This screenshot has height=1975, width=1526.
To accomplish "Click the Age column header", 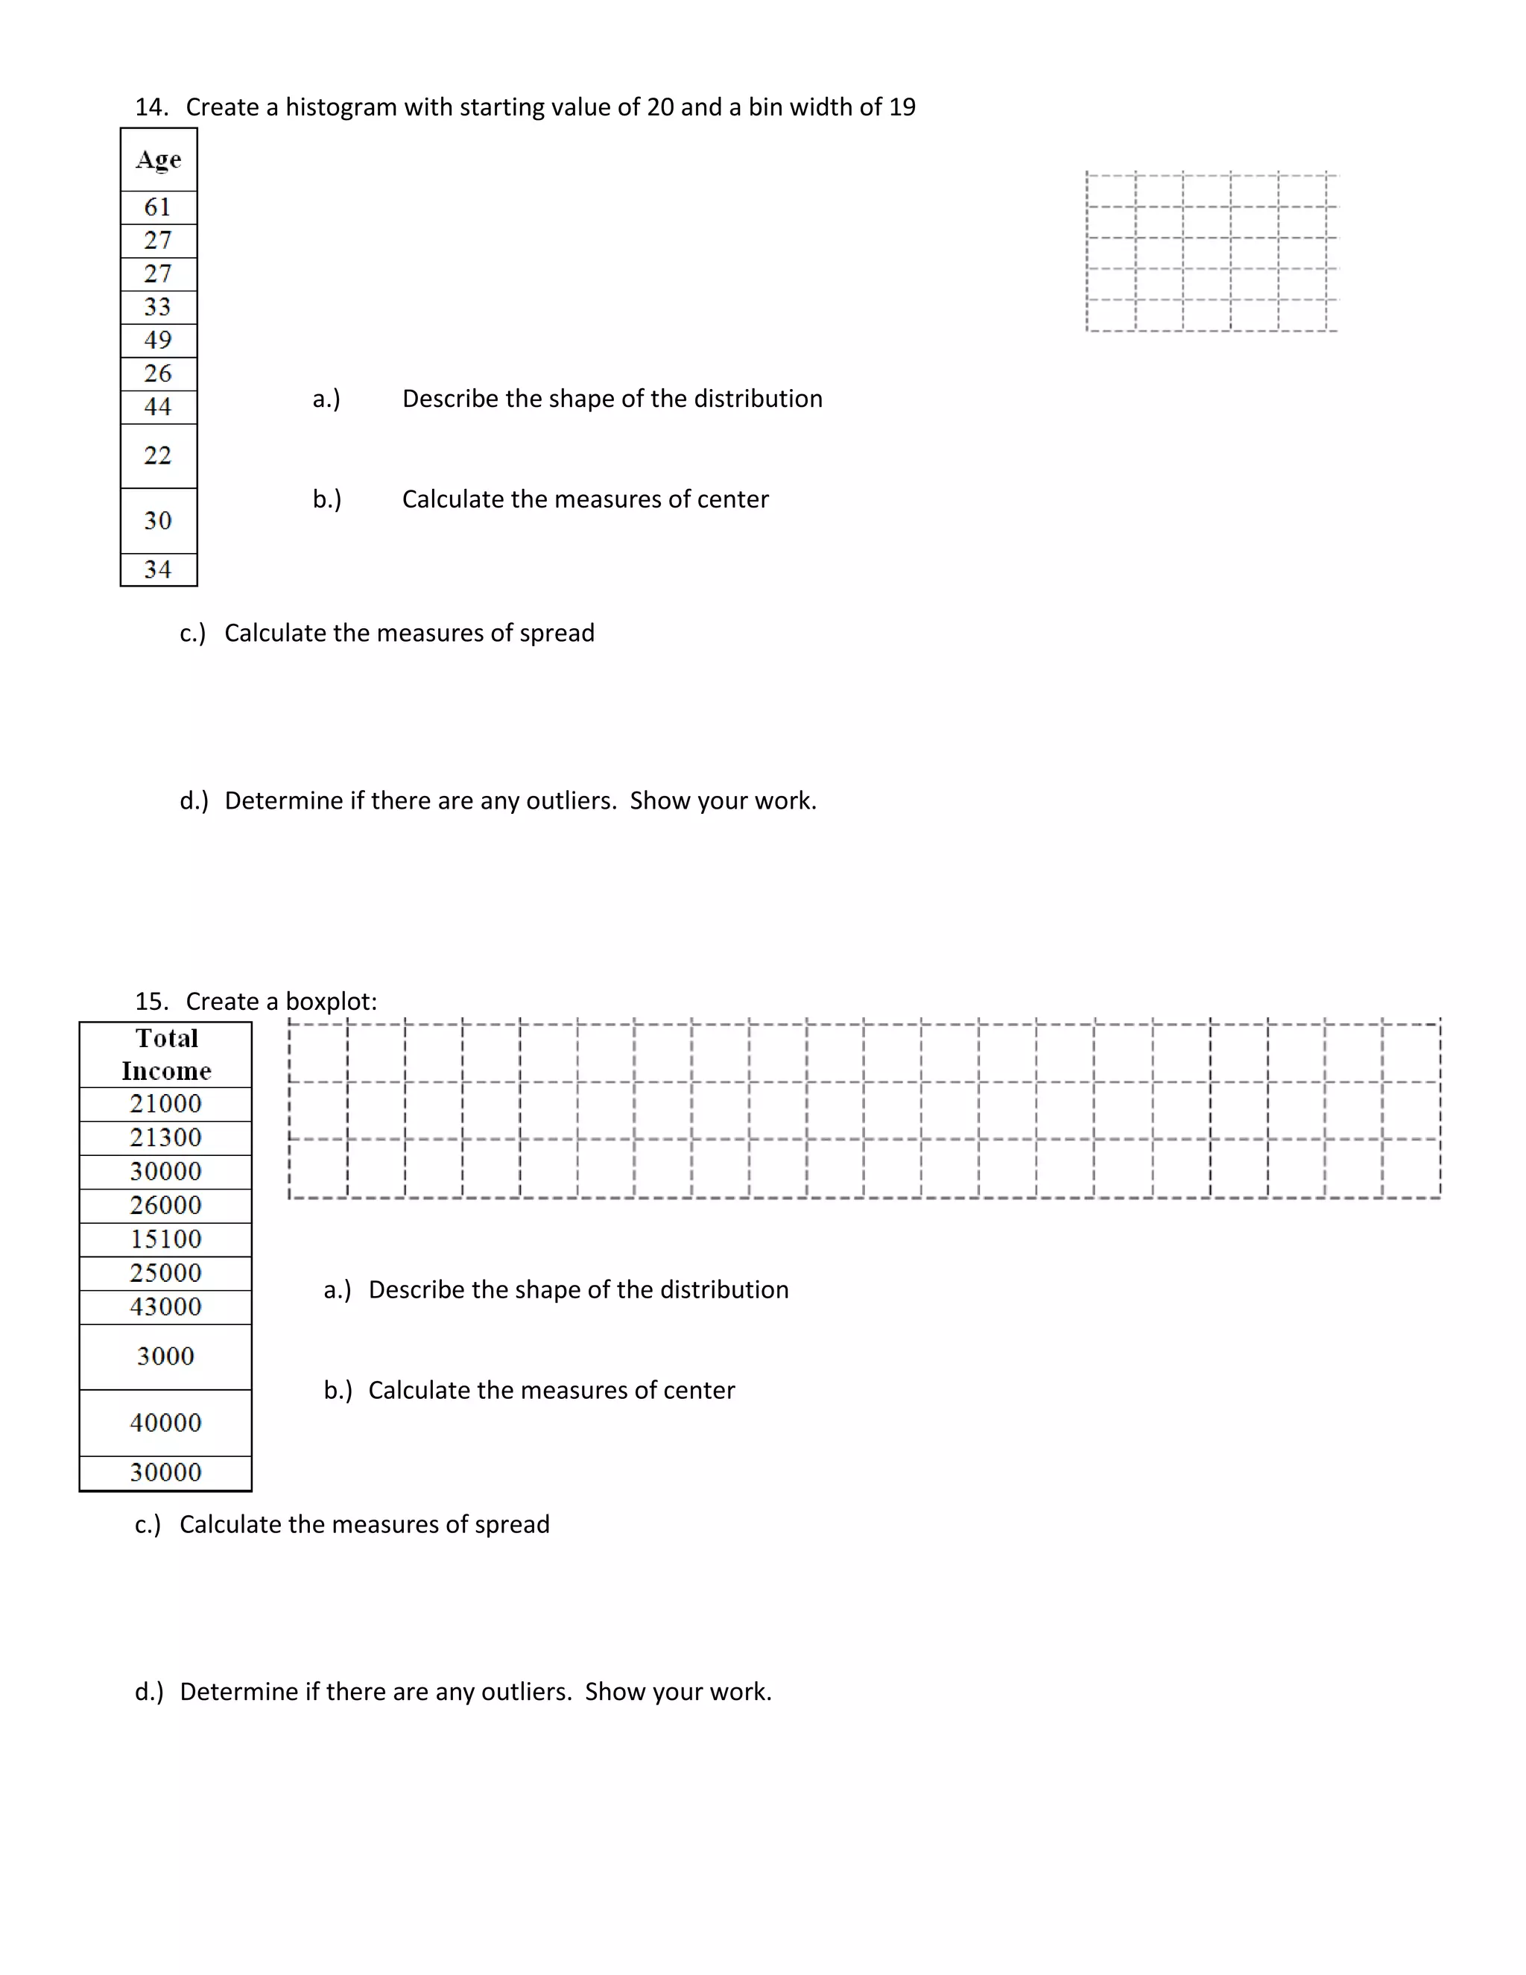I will pos(158,160).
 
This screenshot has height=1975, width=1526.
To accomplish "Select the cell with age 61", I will pos(158,207).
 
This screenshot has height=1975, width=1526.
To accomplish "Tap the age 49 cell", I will pos(158,340).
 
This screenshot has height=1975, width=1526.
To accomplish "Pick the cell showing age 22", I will pos(158,456).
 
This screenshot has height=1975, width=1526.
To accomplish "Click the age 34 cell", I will pos(158,569).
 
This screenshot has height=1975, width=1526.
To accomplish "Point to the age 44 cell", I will pos(158,407).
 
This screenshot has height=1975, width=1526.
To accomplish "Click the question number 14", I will pos(150,107).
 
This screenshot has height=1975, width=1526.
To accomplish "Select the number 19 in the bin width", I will pos(902,107).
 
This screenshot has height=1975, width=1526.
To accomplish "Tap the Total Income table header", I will pos(166,1055).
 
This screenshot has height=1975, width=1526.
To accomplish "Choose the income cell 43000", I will pos(166,1306).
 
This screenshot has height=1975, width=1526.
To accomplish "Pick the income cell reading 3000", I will pos(166,1356).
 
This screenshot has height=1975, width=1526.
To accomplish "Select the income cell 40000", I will pos(166,1423).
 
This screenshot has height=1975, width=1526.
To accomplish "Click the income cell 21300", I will pos(166,1137).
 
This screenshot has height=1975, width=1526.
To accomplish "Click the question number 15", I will pos(150,1002).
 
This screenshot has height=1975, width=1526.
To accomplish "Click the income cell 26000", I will pos(166,1205).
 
